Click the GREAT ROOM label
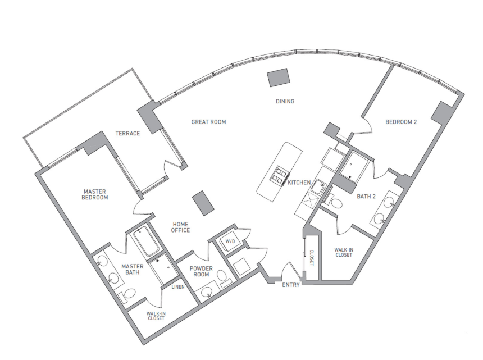click(x=208, y=122)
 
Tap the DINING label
click(x=285, y=102)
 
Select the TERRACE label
click(x=127, y=133)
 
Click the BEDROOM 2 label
click(x=401, y=122)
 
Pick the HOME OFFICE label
click(x=180, y=227)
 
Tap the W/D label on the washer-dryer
click(x=229, y=242)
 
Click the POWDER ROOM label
click(x=201, y=272)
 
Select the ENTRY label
click(x=291, y=285)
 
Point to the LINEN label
click(x=177, y=287)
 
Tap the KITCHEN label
click(x=299, y=183)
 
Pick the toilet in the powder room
click(x=222, y=276)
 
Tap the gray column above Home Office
click(x=203, y=202)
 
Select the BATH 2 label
click(x=366, y=196)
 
